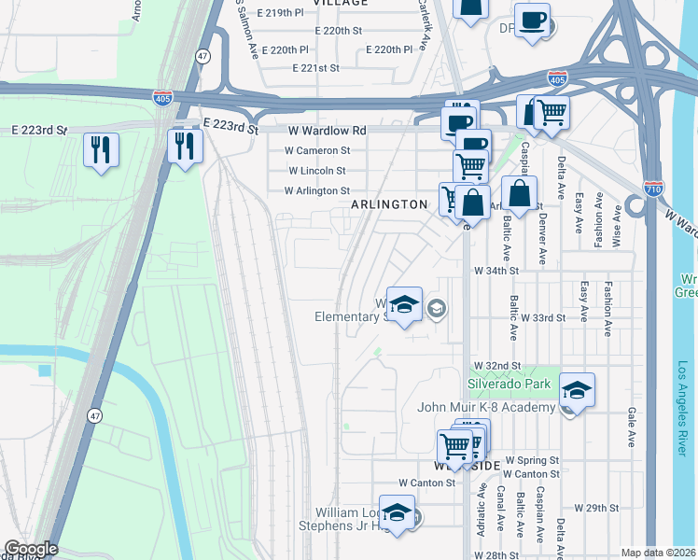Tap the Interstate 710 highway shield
pyautogui.click(x=653, y=188)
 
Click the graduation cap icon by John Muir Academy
pyautogui.click(x=577, y=390)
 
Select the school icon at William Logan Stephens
pyautogui.click(x=397, y=511)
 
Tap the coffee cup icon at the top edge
pyautogui.click(x=532, y=20)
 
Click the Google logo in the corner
pyautogui.click(x=30, y=549)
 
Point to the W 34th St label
pyautogui.click(x=496, y=271)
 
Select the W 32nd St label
pyautogui.click(x=496, y=365)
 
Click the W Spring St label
pyautogui.click(x=532, y=460)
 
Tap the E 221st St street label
pyautogui.click(x=314, y=68)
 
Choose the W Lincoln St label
pyautogui.click(x=317, y=171)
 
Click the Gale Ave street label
pyautogui.click(x=632, y=425)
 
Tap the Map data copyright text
pyautogui.click(x=658, y=553)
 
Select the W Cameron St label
pyautogui.click(x=318, y=150)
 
